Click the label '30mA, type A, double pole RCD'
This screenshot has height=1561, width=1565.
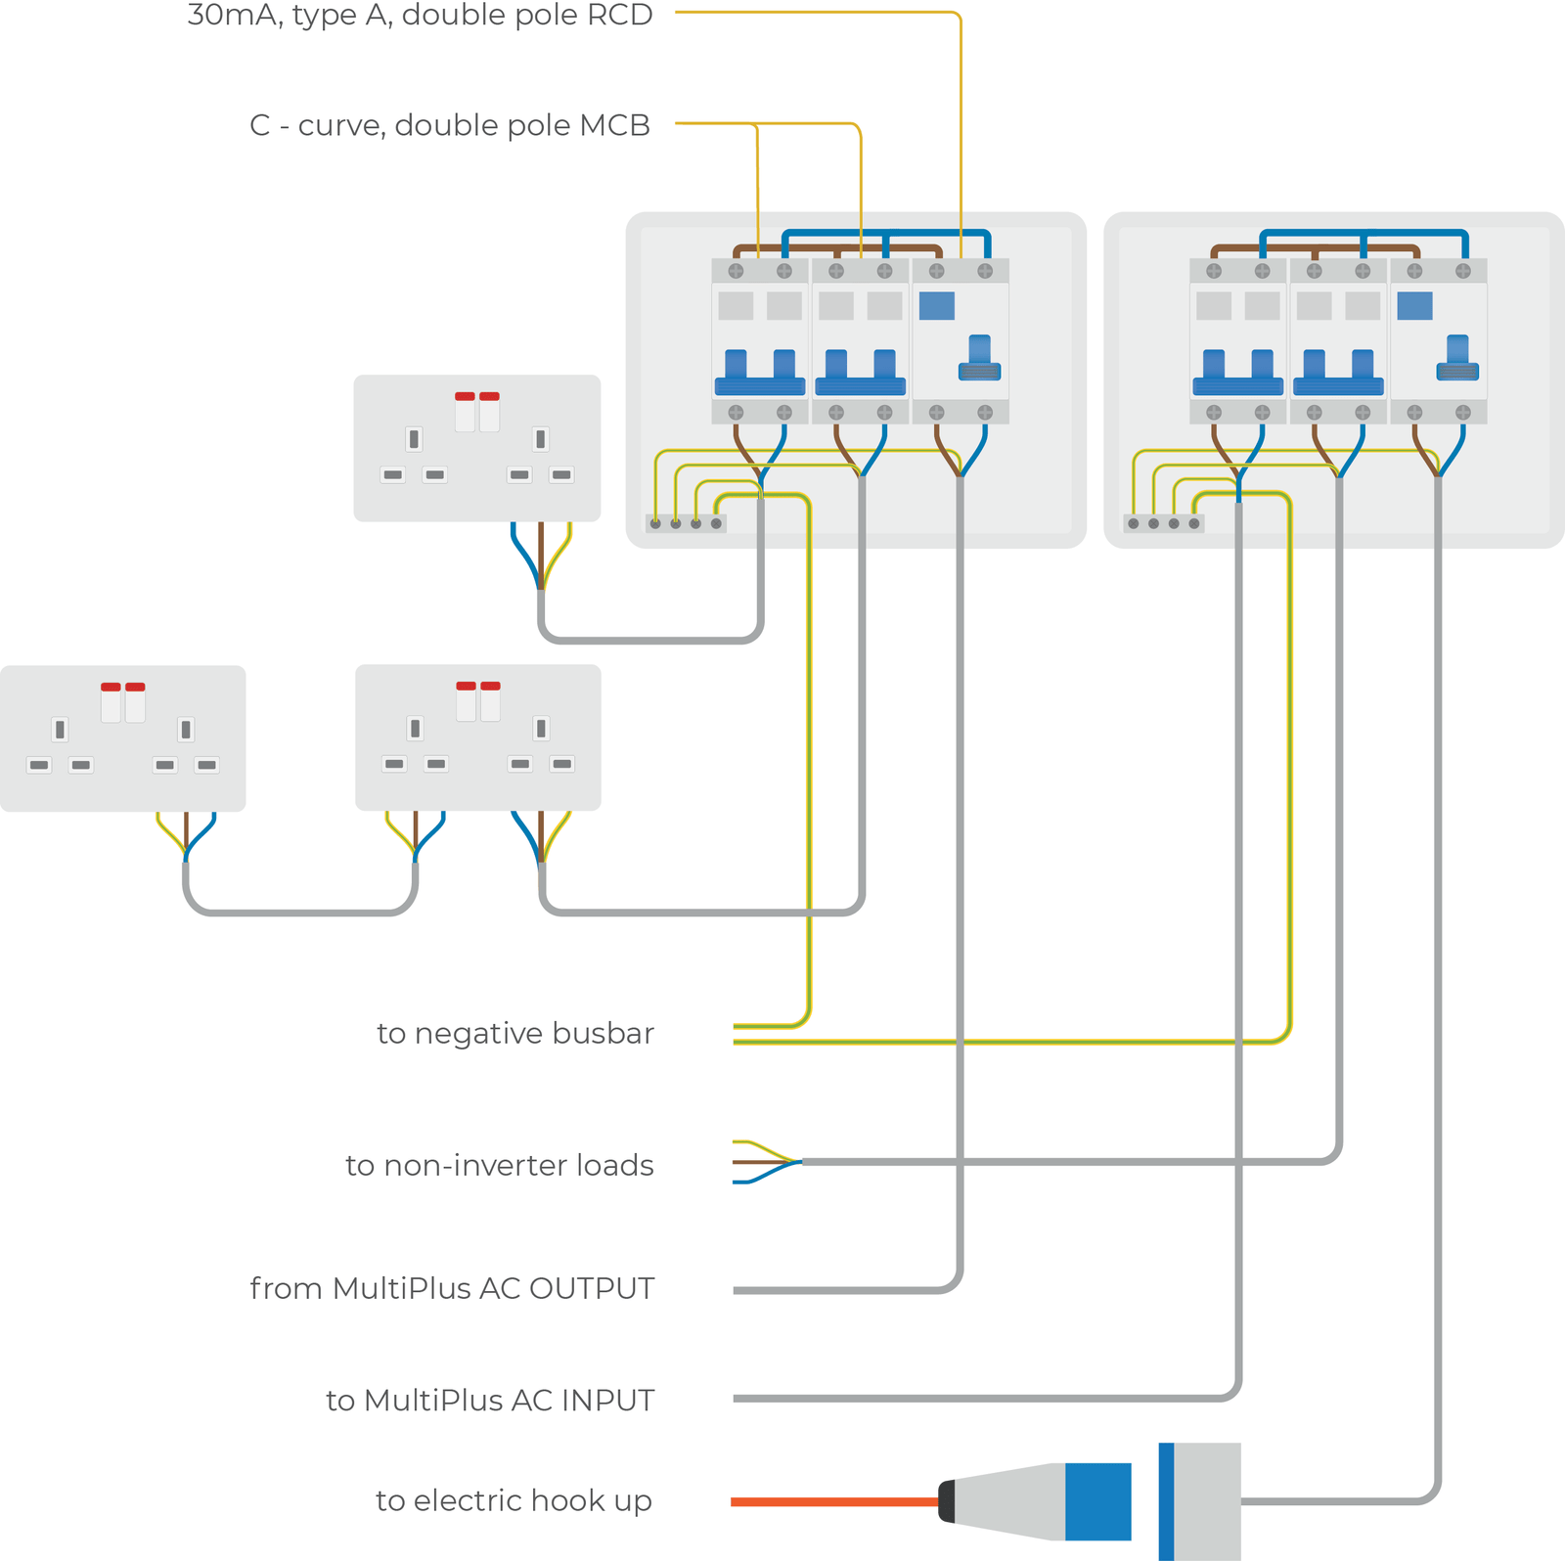pos(420,16)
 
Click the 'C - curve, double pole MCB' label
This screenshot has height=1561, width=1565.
pos(450,126)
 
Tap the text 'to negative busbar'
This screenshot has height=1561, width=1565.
pos(514,1034)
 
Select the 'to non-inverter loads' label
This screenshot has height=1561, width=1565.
pos(499,1166)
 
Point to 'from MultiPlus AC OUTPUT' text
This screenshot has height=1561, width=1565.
pos(452,1289)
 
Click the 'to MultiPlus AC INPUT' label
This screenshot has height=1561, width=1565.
pos(490,1401)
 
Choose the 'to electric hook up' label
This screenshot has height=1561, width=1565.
pos(514,1500)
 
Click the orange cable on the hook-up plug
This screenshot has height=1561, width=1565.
pos(831,1501)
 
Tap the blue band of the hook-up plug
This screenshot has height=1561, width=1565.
pos(1097,1501)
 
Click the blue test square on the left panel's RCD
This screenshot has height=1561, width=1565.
pos(936,306)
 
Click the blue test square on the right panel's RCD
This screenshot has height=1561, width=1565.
pos(1414,306)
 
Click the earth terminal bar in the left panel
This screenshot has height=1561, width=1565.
pos(686,524)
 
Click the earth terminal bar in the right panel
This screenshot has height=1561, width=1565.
pos(1163,524)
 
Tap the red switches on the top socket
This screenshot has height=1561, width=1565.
pos(477,397)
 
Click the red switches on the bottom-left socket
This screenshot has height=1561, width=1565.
pos(123,688)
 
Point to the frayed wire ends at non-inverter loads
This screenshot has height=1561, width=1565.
pos(763,1162)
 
